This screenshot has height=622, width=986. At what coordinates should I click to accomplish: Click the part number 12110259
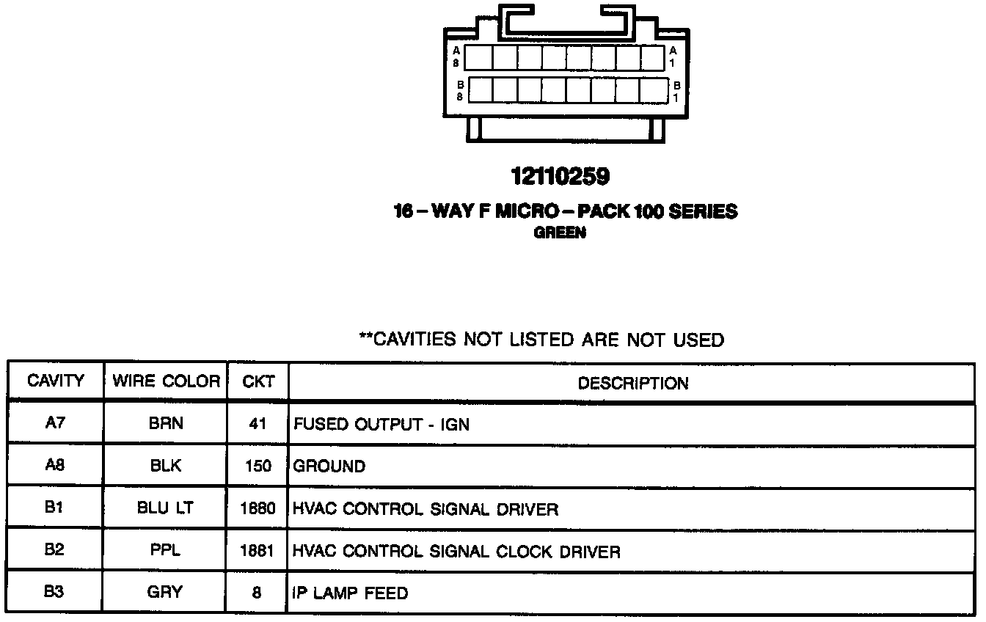pyautogui.click(x=560, y=177)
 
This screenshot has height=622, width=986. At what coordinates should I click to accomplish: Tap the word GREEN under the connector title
pyautogui.click(x=560, y=233)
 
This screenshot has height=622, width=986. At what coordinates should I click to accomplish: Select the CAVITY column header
pyautogui.click(x=56, y=381)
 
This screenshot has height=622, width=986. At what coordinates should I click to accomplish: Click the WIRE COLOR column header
pyautogui.click(x=166, y=381)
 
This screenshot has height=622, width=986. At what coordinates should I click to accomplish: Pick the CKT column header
pyautogui.click(x=258, y=381)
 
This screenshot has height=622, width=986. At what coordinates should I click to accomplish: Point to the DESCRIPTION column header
pyautogui.click(x=632, y=383)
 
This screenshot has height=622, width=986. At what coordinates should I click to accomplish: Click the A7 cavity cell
pyautogui.click(x=56, y=423)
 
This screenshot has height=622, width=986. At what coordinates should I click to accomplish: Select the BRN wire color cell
pyautogui.click(x=166, y=424)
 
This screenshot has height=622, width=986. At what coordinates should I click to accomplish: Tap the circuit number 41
pyautogui.click(x=258, y=424)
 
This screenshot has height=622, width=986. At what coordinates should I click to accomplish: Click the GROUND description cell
pyautogui.click(x=329, y=466)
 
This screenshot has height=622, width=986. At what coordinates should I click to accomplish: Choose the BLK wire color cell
pyautogui.click(x=166, y=466)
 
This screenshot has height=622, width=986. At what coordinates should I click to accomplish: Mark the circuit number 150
pyautogui.click(x=258, y=466)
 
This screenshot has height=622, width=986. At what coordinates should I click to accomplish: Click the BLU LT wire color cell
pyautogui.click(x=166, y=508)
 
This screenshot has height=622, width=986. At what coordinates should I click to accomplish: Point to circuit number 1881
pyautogui.click(x=258, y=551)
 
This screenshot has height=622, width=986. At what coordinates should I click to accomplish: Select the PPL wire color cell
pyautogui.click(x=166, y=550)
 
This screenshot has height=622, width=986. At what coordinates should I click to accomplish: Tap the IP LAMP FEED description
pyautogui.click(x=350, y=593)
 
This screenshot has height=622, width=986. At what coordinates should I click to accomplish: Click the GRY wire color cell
pyautogui.click(x=166, y=592)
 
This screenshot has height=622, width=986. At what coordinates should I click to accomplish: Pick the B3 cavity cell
pyautogui.click(x=54, y=591)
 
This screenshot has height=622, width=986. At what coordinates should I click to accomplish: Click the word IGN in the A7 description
pyautogui.click(x=454, y=425)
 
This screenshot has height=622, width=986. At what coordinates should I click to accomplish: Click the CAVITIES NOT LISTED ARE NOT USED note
pyautogui.click(x=541, y=340)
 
